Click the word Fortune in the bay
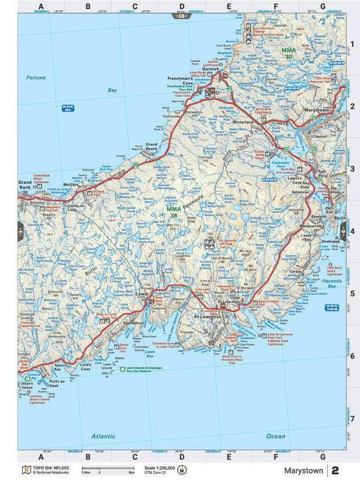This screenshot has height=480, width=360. (36, 78)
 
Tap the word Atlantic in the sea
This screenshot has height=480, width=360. (103, 436)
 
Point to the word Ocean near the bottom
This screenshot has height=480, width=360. (276, 436)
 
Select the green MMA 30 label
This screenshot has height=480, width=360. (287, 53)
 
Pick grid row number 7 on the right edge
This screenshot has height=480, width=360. (352, 419)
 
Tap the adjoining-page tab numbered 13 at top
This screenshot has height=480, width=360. (180, 16)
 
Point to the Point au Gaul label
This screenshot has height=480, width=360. (56, 382)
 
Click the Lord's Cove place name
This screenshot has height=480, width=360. (85, 366)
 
